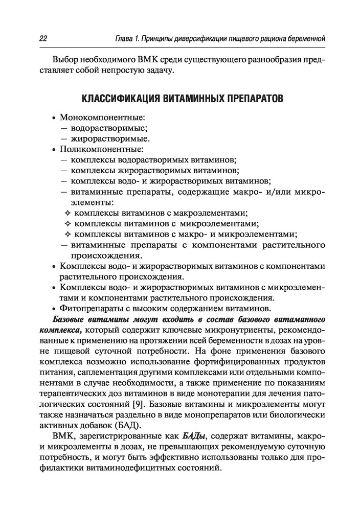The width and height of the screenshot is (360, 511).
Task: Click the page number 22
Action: click(x=43, y=39)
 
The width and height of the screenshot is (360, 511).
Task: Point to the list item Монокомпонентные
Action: click(x=103, y=117)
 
